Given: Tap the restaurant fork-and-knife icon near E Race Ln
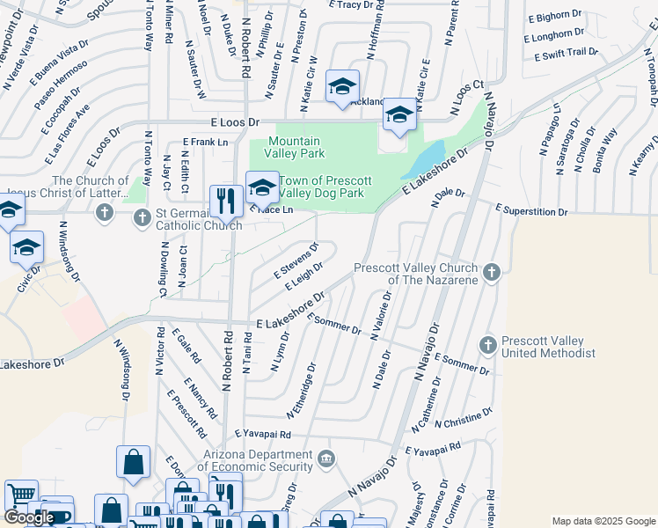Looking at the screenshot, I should pyautogui.click(x=226, y=202).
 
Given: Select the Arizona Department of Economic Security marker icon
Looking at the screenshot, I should pyautogui.click(x=325, y=458).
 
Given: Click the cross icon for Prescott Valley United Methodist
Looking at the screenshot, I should pyautogui.click(x=488, y=343).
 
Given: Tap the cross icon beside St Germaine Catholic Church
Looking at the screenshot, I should pyautogui.click(x=105, y=212).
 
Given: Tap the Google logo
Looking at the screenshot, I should pyautogui.click(x=28, y=518).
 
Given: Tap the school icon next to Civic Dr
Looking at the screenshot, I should pyautogui.click(x=26, y=247).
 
